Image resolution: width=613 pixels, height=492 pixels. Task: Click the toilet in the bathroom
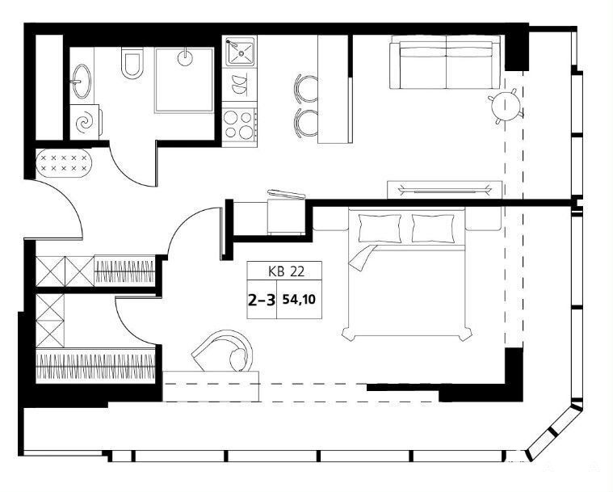click(x=132, y=62)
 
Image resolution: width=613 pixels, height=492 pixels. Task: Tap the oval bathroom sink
click(x=82, y=81)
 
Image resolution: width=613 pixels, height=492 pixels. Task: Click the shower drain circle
click(x=185, y=59)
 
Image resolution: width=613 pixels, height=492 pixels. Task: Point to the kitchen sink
click(x=239, y=51)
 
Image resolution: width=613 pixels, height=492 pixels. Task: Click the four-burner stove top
click(x=239, y=124)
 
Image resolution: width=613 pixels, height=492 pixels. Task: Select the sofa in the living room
click(x=445, y=62)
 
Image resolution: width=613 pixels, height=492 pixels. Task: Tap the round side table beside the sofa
click(x=506, y=105)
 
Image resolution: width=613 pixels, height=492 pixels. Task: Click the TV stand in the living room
click(x=444, y=190)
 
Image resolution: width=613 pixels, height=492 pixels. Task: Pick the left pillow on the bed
click(x=380, y=228)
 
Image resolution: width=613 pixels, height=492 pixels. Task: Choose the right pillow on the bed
click(x=433, y=228)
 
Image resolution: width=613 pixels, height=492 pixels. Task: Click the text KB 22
click(x=286, y=271)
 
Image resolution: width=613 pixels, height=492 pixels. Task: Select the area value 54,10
click(x=300, y=300)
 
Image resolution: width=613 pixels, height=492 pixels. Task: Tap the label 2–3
click(x=262, y=300)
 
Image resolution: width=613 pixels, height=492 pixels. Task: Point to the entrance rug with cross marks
click(x=64, y=163)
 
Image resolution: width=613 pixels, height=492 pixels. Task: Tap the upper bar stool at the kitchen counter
click(x=307, y=87)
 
